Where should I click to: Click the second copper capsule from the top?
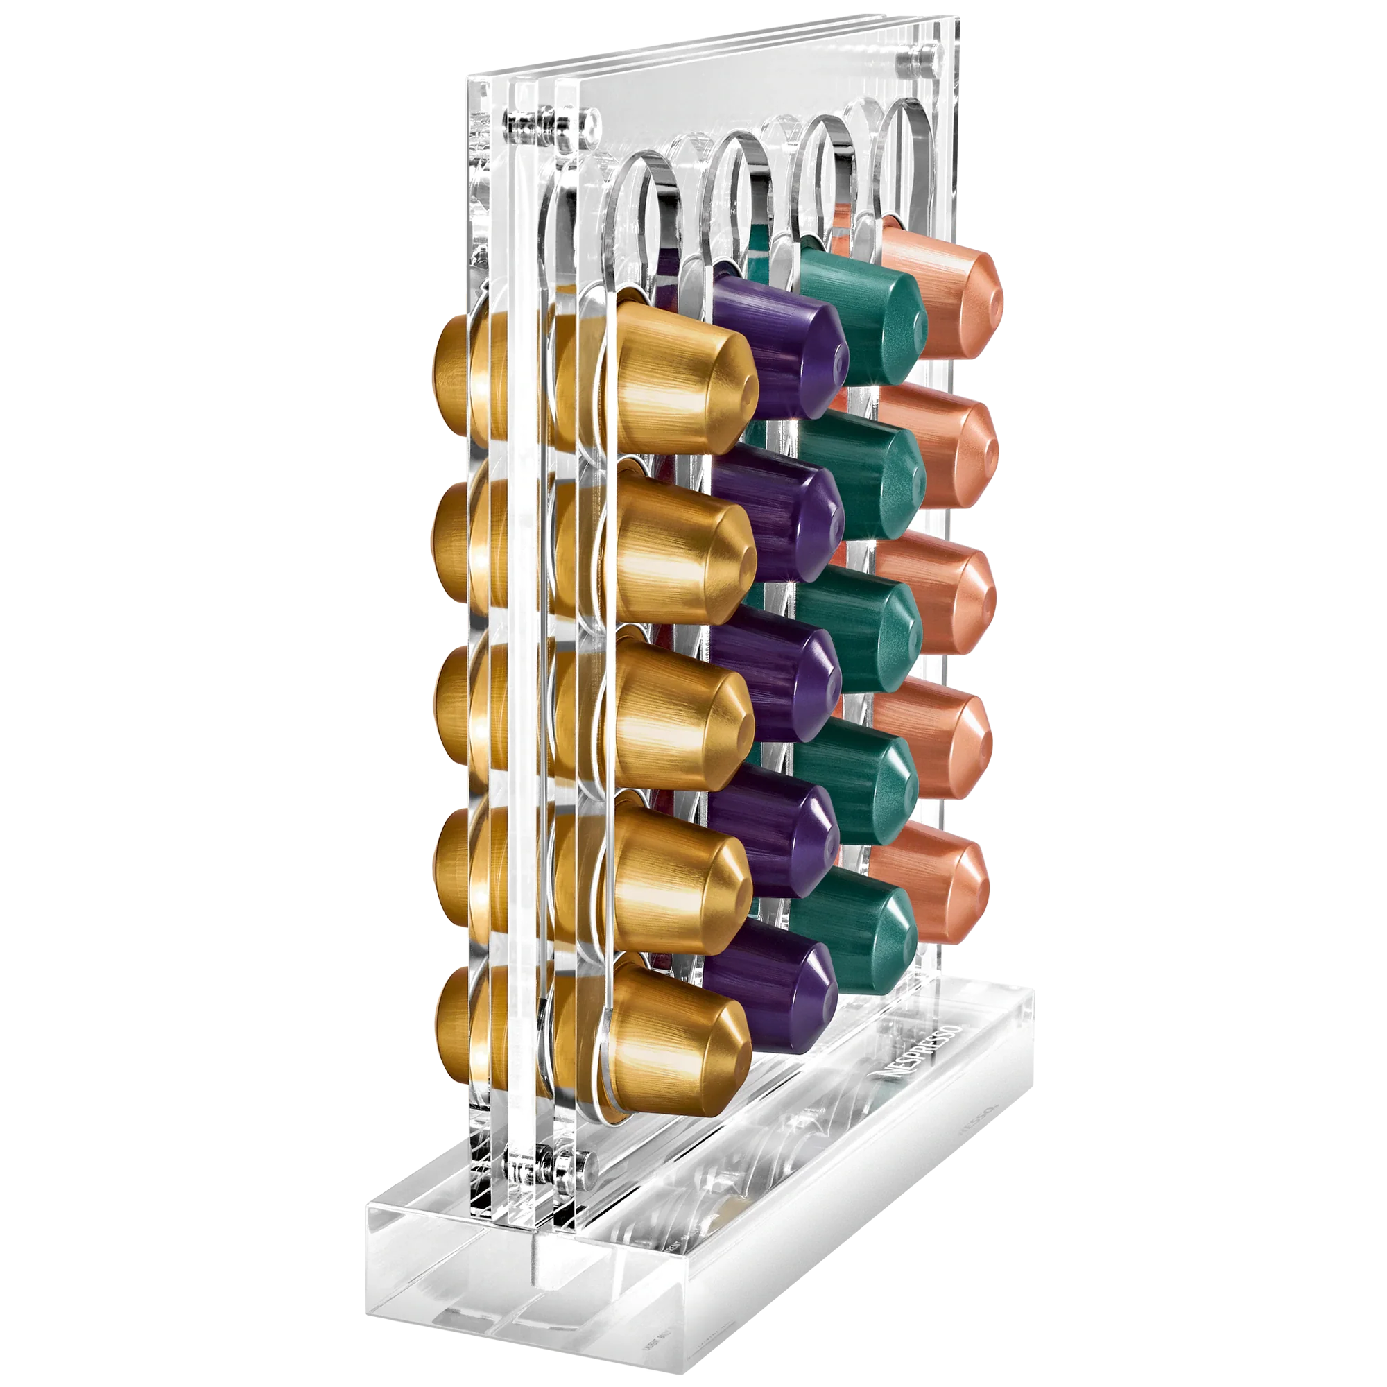(x=937, y=445)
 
